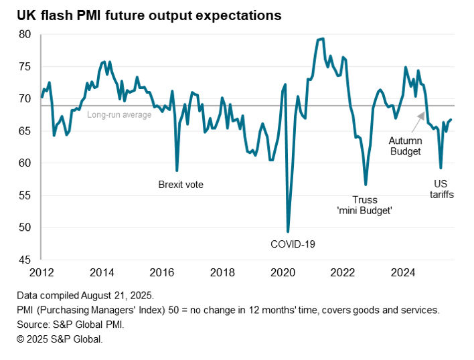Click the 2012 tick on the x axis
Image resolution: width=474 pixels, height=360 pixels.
click(x=42, y=272)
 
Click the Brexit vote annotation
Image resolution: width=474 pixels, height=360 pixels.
click(x=180, y=185)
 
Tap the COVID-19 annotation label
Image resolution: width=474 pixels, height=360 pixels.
click(x=293, y=244)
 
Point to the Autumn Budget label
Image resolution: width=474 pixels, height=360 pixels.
click(x=405, y=147)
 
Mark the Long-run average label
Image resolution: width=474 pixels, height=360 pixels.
click(x=119, y=115)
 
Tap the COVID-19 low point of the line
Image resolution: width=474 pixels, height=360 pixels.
click(x=288, y=232)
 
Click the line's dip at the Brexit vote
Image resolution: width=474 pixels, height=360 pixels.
click(x=177, y=171)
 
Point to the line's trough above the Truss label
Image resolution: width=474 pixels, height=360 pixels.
click(x=366, y=184)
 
